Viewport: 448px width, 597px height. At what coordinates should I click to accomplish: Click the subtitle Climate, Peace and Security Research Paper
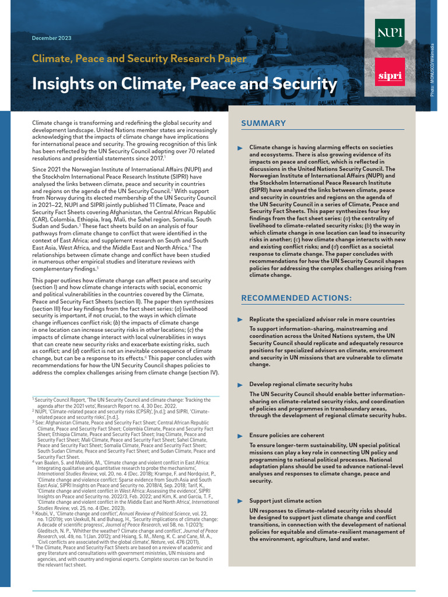point(139,58)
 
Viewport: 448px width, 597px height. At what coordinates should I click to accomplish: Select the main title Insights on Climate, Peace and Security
point(184,84)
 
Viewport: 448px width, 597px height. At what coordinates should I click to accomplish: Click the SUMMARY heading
point(264,123)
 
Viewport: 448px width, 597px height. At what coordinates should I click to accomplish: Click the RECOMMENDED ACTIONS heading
point(296,298)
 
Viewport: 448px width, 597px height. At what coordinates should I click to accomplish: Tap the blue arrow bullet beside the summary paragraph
point(240,148)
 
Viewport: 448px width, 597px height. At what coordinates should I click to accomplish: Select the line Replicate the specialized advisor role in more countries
point(322,319)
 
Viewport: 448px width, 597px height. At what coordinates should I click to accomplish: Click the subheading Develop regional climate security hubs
point(300,384)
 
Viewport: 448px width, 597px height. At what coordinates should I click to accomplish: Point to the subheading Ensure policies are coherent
point(286,435)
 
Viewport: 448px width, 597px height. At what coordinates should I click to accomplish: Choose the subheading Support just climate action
point(285,501)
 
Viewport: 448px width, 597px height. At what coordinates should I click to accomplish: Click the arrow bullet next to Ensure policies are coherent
point(240,436)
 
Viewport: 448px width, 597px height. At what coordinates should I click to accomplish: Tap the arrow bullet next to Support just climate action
point(240,501)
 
